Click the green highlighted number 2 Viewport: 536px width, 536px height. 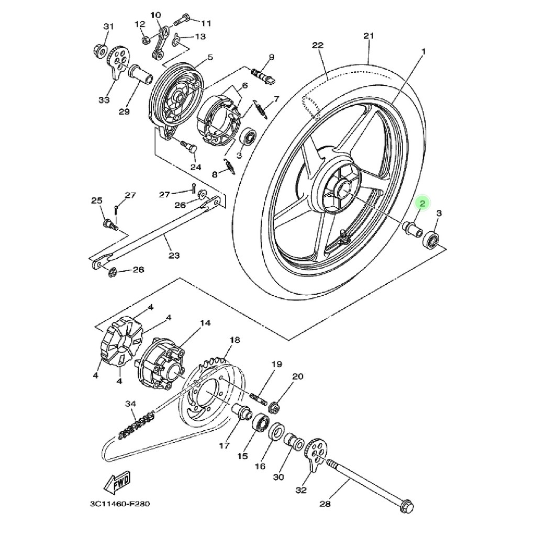pos(422,204)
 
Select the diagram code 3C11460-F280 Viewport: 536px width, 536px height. pos(120,504)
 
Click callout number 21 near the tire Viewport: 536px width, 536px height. pos(368,36)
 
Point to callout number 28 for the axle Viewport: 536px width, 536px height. pos(325,504)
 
